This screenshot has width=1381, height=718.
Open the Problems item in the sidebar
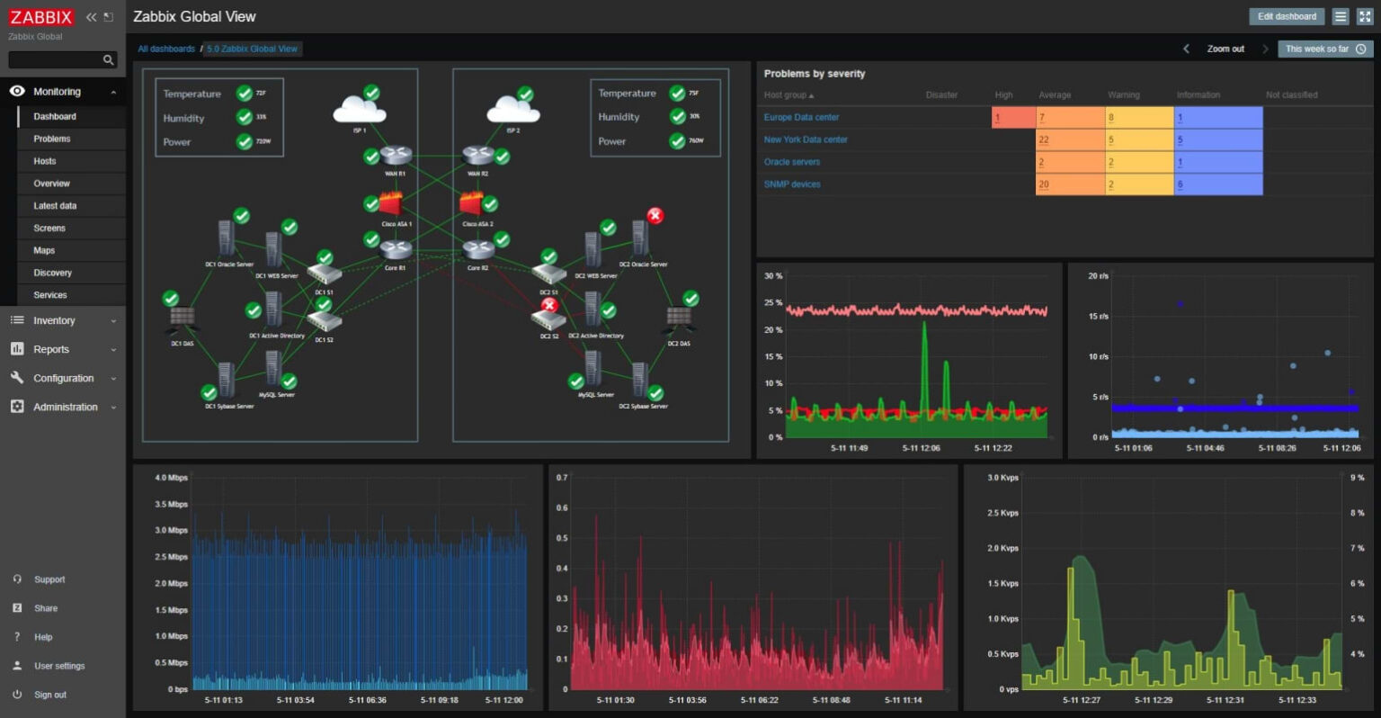coord(52,139)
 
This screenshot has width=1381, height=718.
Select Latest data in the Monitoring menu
coord(55,206)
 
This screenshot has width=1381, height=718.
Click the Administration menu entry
coord(65,407)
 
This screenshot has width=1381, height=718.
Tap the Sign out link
coord(50,695)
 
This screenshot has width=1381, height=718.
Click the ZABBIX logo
coord(40,17)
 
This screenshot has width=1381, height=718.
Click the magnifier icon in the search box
coord(109,60)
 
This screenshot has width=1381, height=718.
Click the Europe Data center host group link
coord(801,117)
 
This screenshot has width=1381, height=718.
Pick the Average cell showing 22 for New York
coord(1070,139)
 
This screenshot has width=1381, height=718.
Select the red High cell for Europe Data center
coord(1013,117)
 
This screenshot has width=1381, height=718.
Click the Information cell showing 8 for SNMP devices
coord(1217,184)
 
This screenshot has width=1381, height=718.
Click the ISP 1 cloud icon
coord(359,111)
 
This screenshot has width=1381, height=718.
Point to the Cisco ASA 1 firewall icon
coord(391,204)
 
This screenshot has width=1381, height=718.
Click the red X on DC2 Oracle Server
coord(655,216)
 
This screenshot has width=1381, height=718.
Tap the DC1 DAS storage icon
coord(183,319)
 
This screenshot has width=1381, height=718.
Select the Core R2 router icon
coord(478,249)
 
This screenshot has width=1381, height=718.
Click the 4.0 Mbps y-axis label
coord(171,478)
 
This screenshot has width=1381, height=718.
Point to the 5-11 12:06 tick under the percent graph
coord(921,447)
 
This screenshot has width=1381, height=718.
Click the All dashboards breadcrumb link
coord(166,49)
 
